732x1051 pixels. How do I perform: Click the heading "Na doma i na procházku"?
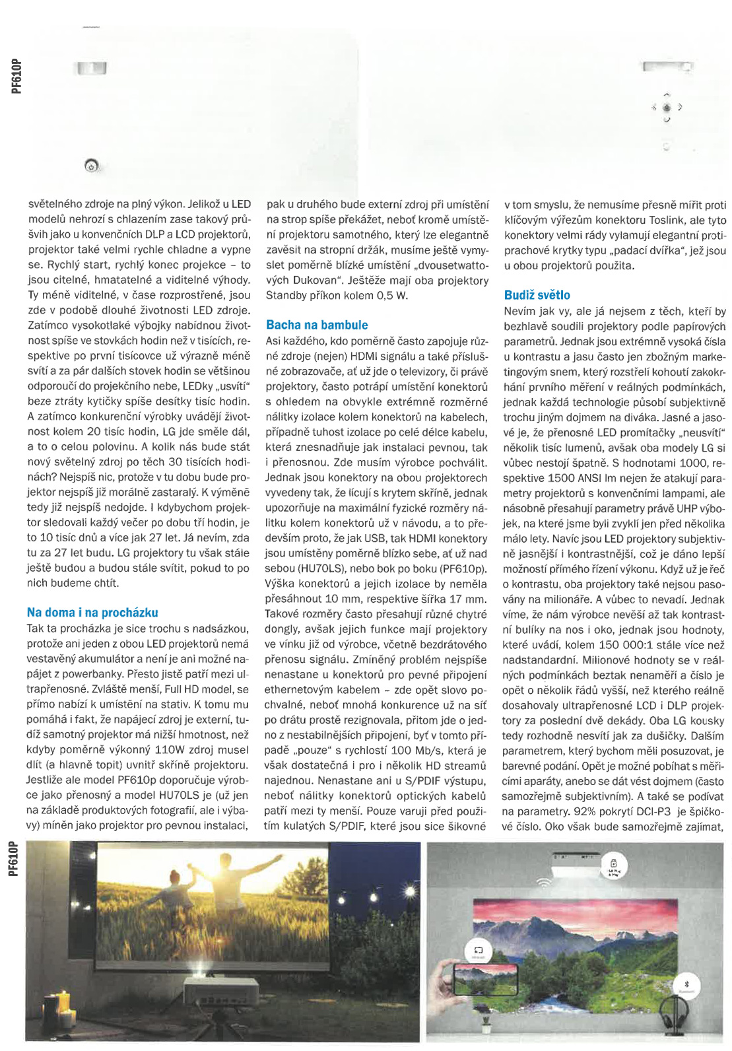(92, 613)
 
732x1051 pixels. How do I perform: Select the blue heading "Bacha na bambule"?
(317, 325)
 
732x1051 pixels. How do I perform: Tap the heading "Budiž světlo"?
(537, 295)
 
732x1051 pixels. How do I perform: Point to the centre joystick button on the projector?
(667, 107)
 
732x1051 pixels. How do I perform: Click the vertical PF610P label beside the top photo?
(17, 76)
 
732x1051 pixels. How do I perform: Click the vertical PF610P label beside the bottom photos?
(14, 858)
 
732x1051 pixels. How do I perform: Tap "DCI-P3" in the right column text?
(654, 811)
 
